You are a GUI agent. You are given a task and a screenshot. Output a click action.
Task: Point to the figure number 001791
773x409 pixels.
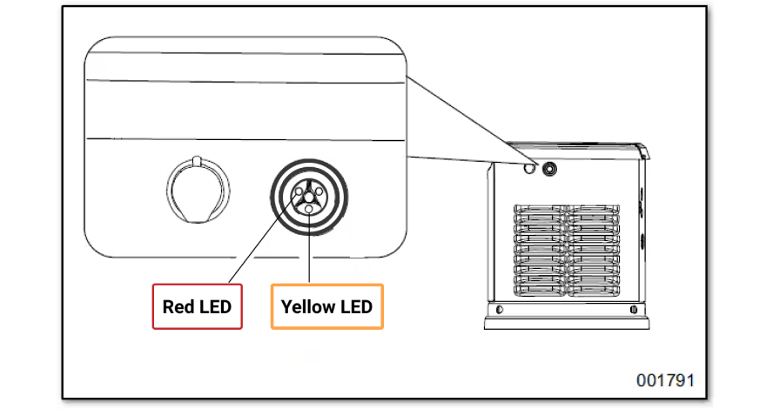[x=665, y=381]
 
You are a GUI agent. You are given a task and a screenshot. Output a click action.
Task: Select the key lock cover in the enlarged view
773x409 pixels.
[x=198, y=190]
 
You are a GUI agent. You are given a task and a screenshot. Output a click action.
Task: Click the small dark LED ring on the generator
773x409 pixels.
[x=549, y=169]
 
